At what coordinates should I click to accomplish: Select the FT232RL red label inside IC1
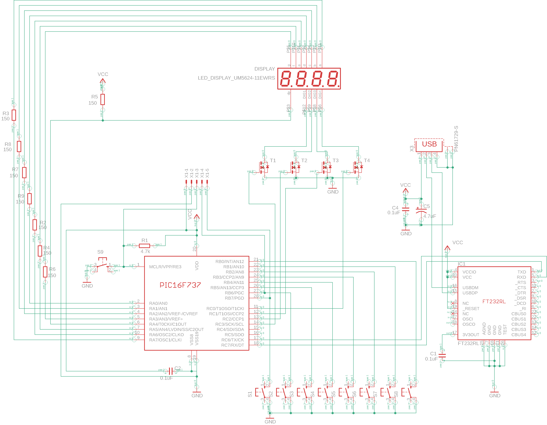494,302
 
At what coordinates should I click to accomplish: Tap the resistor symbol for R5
103,99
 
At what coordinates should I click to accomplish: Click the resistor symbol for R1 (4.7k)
144,246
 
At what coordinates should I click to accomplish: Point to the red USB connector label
429,144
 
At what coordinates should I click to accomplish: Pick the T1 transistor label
273,160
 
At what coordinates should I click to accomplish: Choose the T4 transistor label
367,160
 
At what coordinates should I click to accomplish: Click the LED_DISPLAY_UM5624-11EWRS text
236,78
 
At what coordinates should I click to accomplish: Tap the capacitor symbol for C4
405,209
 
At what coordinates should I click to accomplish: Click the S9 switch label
100,252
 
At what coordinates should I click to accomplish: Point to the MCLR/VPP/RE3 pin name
165,267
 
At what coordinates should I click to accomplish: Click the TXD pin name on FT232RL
522,272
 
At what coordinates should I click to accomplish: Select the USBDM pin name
470,288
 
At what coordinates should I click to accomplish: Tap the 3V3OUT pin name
471,335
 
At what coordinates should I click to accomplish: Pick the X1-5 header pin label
207,173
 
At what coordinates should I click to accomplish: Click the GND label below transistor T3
333,192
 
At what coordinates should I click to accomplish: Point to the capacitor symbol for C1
442,355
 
